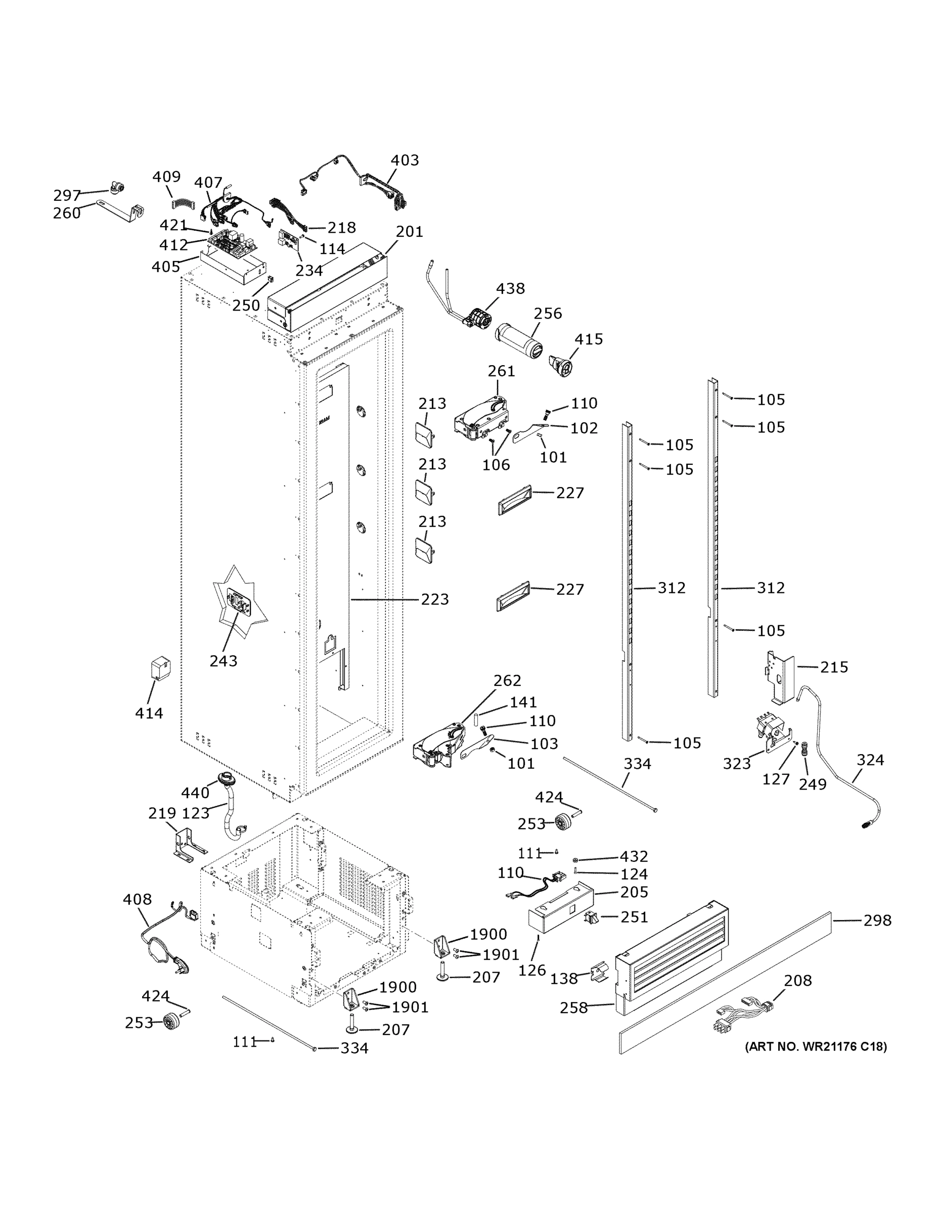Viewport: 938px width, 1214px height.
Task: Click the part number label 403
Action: tap(404, 160)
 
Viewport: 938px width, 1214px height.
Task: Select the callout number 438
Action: tap(510, 288)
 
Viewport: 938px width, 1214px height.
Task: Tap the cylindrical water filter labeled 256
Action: tap(517, 340)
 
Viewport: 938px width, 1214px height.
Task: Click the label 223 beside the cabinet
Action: tap(434, 599)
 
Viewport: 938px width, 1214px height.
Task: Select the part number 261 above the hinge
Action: tap(501, 371)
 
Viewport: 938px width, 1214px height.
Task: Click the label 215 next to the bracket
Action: tap(833, 667)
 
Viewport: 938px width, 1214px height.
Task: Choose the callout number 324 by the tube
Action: tap(870, 760)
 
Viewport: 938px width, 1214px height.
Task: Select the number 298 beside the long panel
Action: tap(877, 921)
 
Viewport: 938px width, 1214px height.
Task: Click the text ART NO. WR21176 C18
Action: tap(815, 1047)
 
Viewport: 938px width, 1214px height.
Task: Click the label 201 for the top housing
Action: tap(409, 232)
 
